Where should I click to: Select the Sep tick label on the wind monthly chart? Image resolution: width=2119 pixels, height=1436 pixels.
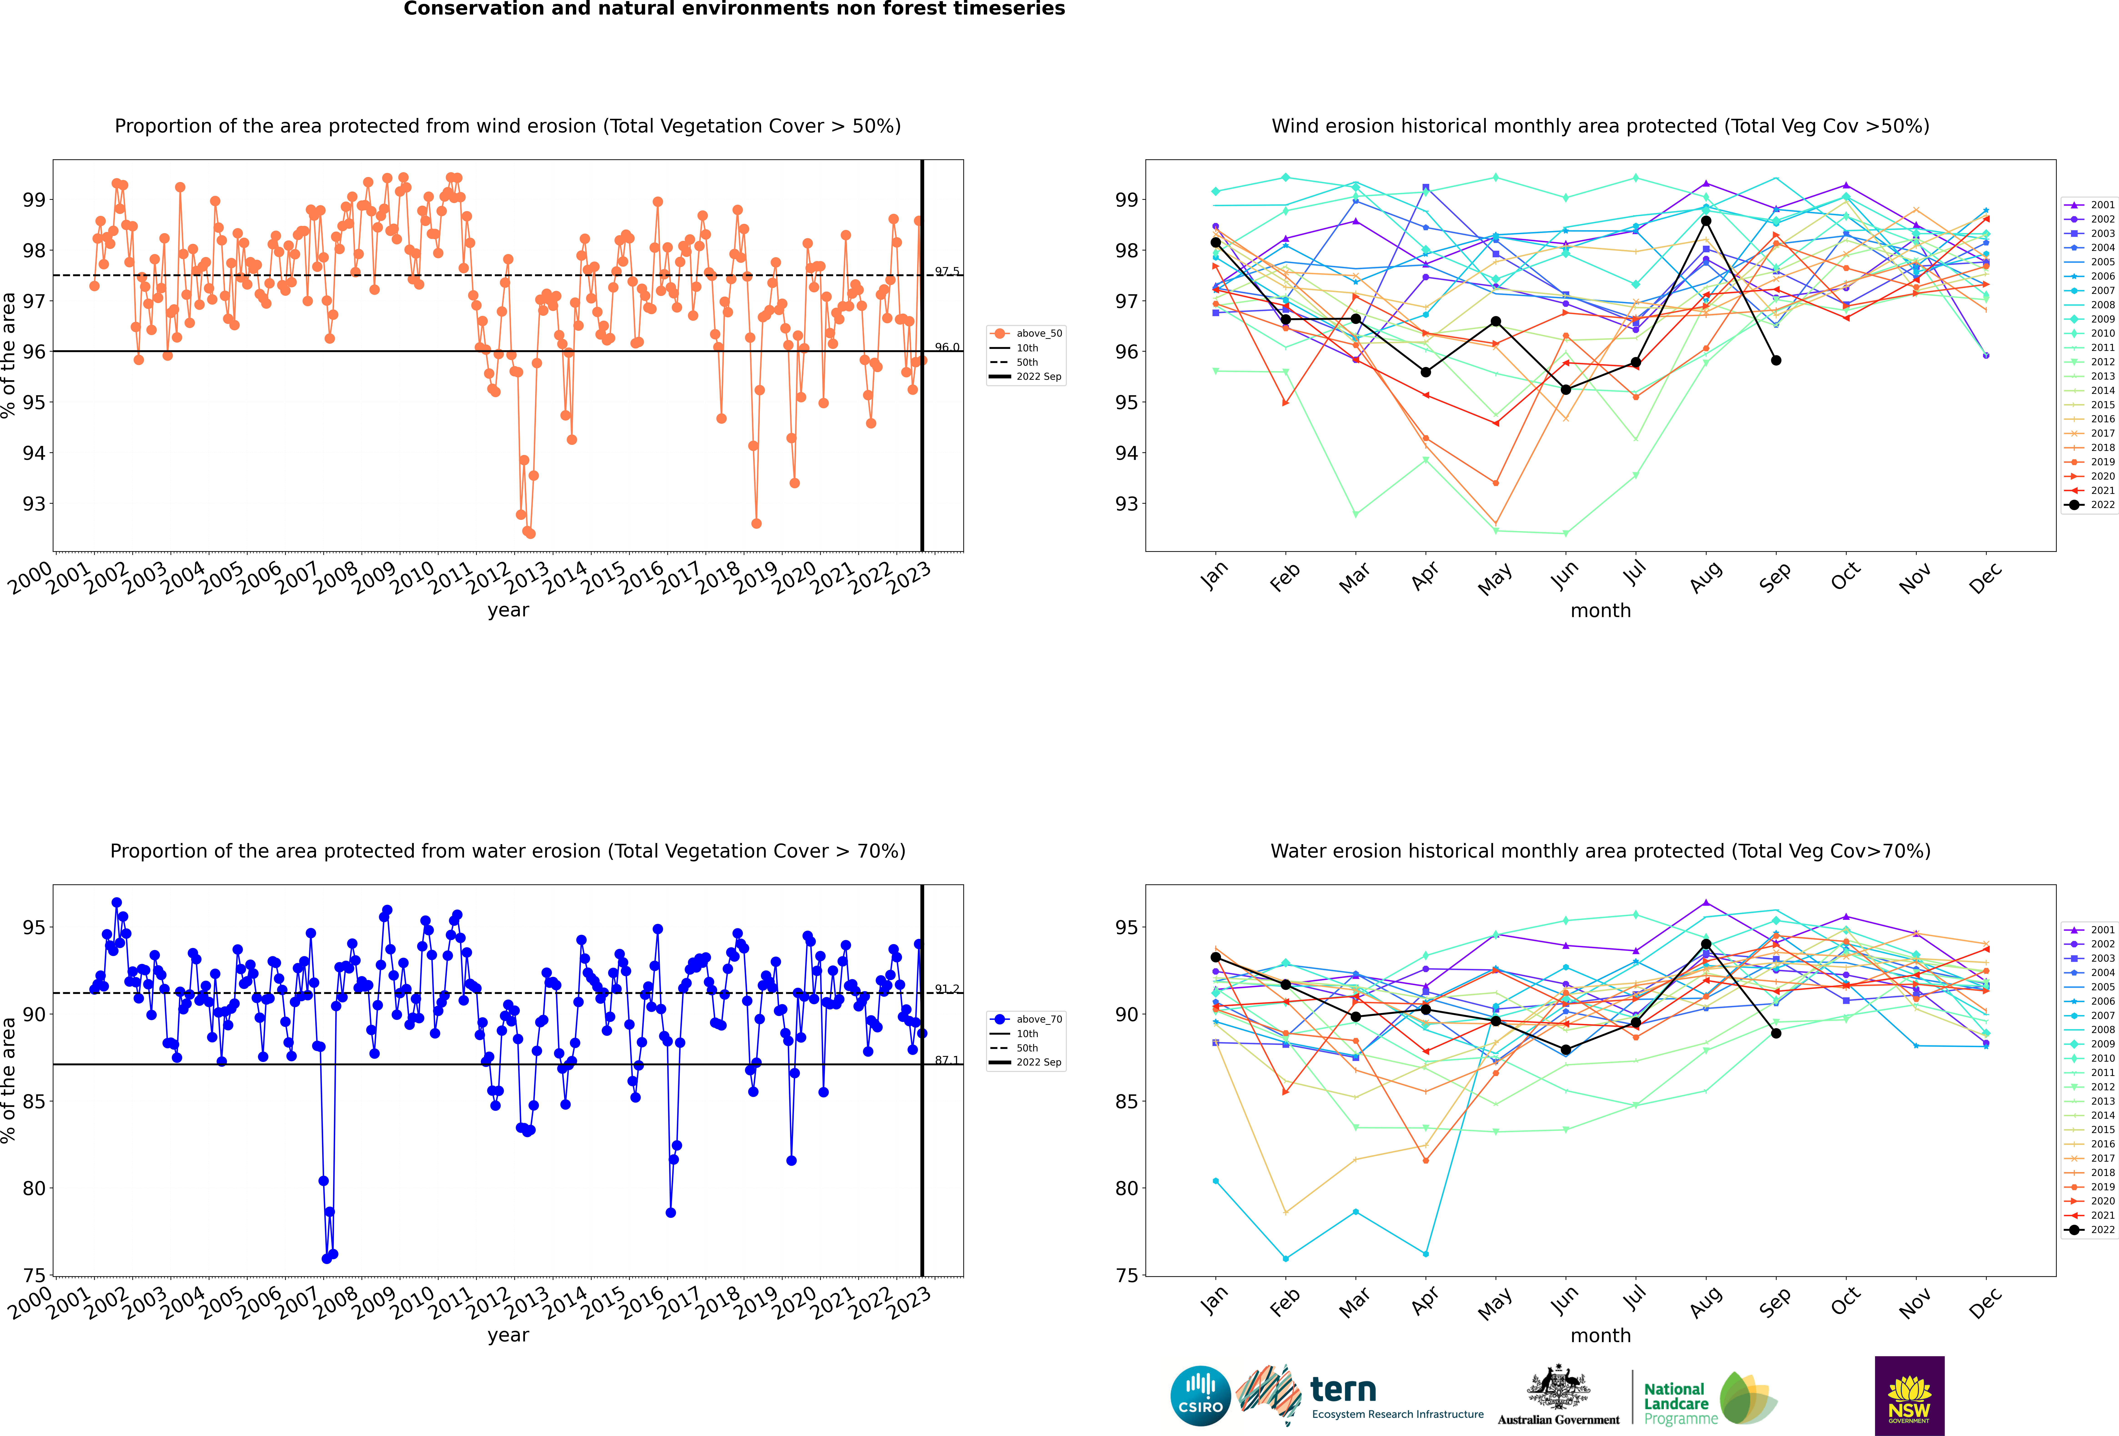(x=1774, y=576)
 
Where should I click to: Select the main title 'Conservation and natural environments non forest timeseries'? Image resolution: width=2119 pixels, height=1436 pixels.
(x=734, y=9)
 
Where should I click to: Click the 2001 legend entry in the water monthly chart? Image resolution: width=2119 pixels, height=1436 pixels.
(x=2089, y=930)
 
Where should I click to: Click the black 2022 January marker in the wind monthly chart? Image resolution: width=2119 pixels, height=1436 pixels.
(x=1215, y=243)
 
